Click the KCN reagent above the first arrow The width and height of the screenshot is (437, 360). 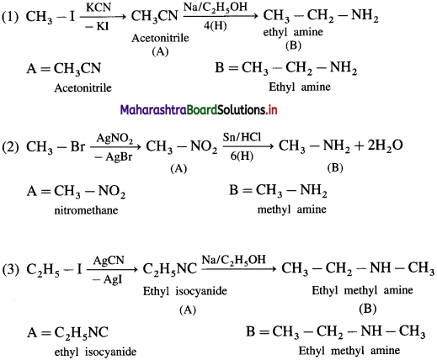99,8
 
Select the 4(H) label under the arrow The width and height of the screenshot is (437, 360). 215,26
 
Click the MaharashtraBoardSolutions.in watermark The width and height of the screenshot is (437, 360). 199,110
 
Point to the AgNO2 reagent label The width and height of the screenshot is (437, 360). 115,138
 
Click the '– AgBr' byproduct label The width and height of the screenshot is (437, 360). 114,157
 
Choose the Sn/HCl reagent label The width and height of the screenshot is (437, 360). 242,137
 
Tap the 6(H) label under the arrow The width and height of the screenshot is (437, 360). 242,156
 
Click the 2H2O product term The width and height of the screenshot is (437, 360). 385,146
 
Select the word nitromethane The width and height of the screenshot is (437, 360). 86,210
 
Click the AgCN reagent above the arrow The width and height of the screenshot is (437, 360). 109,260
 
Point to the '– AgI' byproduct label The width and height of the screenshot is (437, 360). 108,279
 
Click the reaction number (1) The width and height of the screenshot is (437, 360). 10,17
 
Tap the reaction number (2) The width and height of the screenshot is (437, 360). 10,146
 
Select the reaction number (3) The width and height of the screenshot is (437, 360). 11,270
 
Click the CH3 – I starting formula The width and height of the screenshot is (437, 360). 51,17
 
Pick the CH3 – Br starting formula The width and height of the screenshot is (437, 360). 56,146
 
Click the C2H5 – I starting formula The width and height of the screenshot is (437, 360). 54,270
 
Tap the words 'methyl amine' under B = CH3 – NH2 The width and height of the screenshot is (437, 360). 292,209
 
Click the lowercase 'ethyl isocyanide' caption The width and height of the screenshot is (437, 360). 95,352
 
